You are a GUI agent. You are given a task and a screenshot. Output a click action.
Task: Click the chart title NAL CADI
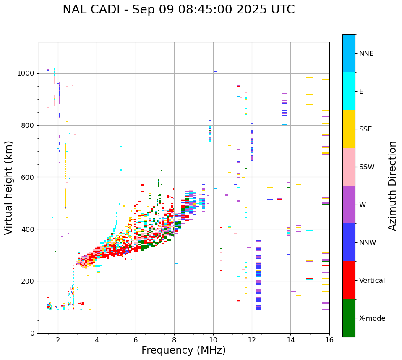point(178,10)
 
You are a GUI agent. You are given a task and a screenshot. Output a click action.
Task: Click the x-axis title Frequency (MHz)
point(183,350)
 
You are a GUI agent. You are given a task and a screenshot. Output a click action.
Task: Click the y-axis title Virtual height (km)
point(9,187)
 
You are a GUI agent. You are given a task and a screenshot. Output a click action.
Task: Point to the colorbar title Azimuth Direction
point(392,186)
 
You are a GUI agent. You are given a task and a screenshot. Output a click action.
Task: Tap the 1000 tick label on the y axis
point(26,74)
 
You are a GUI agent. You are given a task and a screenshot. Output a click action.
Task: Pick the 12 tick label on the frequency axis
point(252,340)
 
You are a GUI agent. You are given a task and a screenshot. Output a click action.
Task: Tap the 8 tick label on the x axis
point(174,340)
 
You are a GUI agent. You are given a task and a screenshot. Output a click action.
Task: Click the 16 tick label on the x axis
point(329,340)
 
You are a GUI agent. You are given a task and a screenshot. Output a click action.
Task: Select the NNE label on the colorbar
point(366,54)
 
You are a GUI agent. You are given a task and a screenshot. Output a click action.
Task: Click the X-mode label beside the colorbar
point(372,318)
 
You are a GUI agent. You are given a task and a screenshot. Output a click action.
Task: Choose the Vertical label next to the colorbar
point(372,281)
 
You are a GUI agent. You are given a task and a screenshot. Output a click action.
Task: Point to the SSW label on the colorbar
point(367,167)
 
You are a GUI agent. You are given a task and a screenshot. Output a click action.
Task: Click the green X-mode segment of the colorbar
point(349,318)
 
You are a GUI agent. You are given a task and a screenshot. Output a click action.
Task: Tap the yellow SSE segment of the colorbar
point(349,129)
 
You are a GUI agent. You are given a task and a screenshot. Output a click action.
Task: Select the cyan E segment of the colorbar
point(349,91)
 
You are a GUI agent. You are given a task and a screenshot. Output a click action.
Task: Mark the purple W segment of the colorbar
point(349,205)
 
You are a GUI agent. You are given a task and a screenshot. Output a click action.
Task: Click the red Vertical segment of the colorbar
point(349,280)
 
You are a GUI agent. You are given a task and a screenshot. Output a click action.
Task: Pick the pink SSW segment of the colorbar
point(349,167)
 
